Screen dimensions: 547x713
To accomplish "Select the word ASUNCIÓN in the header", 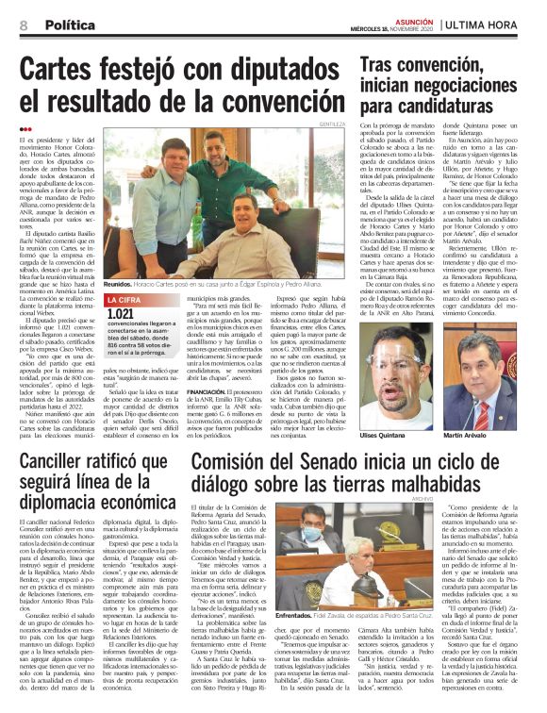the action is tap(418, 18).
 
